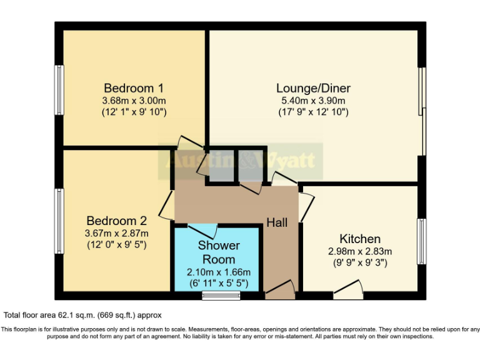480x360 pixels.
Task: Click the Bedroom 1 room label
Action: click(134, 87)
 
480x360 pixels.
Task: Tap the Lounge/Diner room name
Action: click(313, 87)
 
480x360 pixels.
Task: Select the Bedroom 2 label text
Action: click(116, 221)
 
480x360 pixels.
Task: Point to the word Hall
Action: click(277, 222)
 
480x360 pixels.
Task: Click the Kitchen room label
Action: click(359, 239)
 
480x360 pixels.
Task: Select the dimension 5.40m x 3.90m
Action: click(313, 100)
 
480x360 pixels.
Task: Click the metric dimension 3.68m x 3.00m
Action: click(134, 100)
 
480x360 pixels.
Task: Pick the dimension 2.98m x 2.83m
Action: click(359, 251)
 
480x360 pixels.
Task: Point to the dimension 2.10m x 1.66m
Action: click(218, 272)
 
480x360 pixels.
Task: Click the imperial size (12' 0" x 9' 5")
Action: click(116, 245)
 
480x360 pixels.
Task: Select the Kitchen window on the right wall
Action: click(422, 241)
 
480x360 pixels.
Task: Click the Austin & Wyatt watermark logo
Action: click(241, 161)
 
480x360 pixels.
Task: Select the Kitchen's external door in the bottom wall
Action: click(348, 289)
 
